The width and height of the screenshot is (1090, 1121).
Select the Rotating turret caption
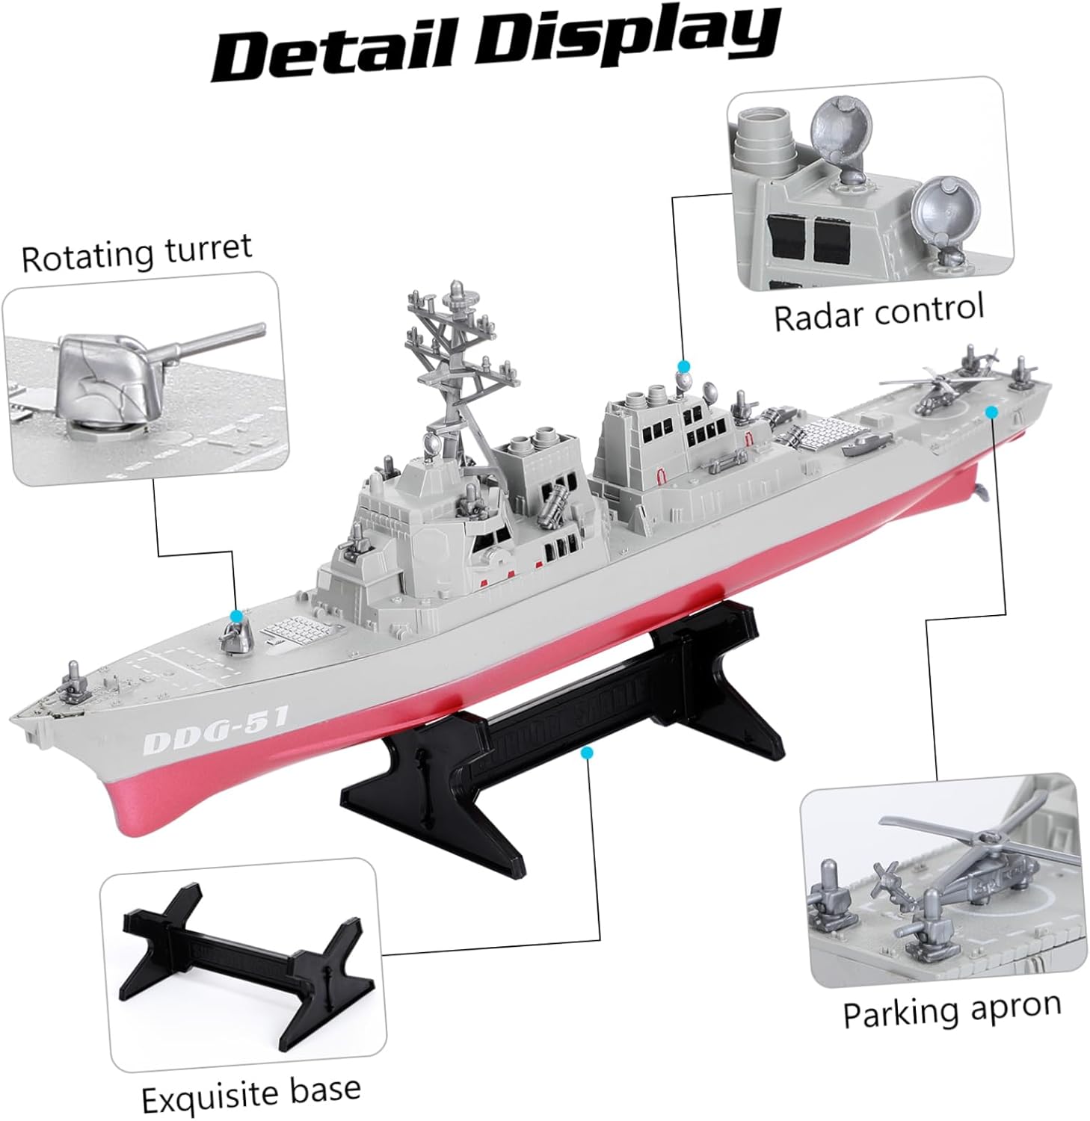137,253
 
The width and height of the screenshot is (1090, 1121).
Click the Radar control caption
878,312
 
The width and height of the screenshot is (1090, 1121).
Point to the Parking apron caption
952,1010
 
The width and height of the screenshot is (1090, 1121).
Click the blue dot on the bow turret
237,616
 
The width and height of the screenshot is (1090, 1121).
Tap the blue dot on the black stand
588,753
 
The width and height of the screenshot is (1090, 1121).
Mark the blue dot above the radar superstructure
683,365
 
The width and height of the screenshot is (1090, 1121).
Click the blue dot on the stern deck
991,411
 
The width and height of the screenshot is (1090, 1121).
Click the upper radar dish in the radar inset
842,125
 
